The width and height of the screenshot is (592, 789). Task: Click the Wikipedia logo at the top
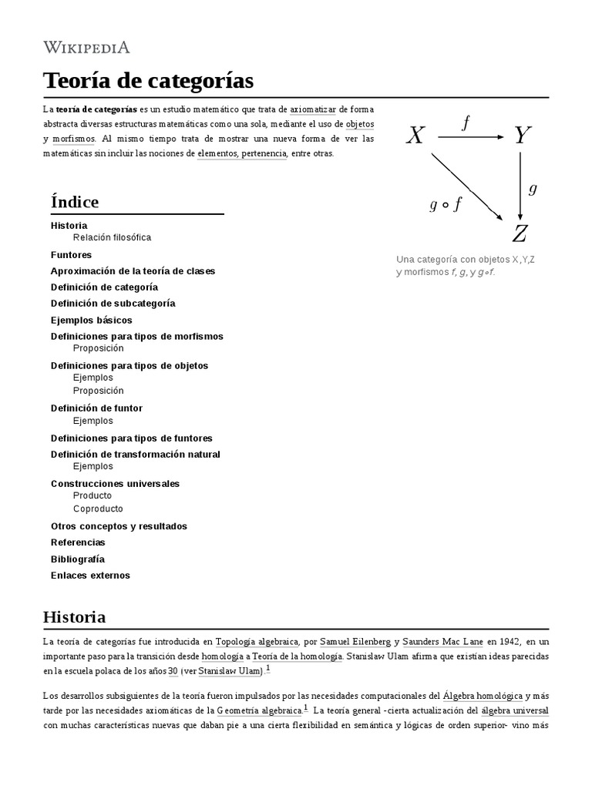(86, 48)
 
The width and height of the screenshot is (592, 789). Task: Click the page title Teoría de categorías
(148, 80)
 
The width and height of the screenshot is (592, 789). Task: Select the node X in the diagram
(415, 136)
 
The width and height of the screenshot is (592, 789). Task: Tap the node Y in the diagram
(522, 136)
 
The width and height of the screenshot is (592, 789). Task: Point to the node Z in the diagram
(520, 233)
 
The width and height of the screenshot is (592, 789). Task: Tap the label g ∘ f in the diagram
(445, 204)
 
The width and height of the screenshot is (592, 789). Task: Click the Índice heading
(75, 202)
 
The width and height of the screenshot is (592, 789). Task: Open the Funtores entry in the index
(71, 254)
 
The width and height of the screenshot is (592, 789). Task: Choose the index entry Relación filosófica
(112, 237)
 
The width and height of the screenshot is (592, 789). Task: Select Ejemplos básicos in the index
(91, 320)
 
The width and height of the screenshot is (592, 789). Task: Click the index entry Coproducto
(98, 509)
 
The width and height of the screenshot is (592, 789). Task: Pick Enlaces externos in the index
(90, 575)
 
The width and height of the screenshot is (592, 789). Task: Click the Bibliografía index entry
(77, 559)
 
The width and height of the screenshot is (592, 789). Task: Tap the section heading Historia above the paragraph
(74, 617)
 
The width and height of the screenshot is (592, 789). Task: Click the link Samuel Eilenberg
(357, 641)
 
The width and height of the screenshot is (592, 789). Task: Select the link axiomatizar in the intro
(313, 109)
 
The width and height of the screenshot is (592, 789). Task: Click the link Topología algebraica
(257, 641)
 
